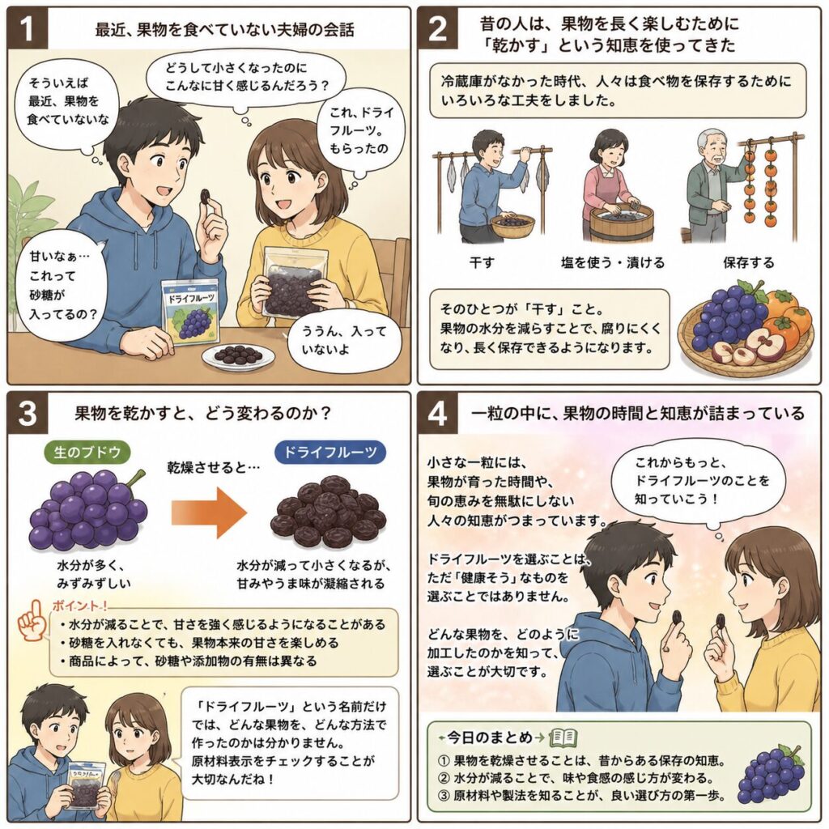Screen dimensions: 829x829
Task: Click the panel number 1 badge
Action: click(28, 28)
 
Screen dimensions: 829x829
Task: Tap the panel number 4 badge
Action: click(438, 413)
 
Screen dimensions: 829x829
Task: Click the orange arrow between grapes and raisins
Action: click(209, 512)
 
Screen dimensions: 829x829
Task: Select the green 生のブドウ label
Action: click(87, 453)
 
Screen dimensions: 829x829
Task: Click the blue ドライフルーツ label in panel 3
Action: click(330, 453)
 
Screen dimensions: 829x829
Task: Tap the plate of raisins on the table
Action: click(239, 356)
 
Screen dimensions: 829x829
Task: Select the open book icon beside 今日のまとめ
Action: click(563, 737)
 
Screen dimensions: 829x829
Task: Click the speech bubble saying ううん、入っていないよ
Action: click(343, 341)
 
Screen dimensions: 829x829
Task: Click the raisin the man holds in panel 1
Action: click(203, 197)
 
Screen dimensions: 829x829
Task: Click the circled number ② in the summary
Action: click(444, 778)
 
